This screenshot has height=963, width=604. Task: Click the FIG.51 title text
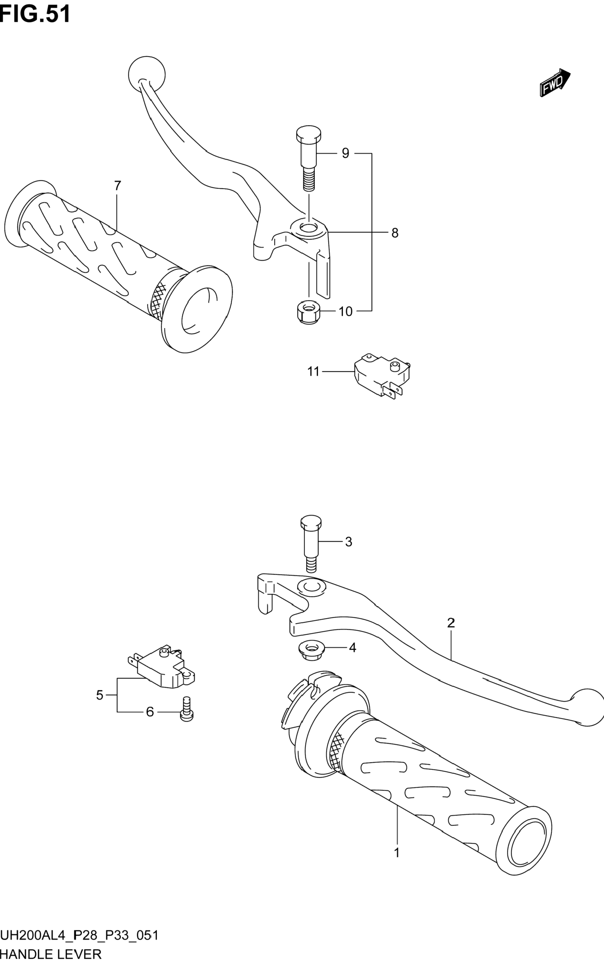35,14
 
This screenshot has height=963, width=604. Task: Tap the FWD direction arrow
555,82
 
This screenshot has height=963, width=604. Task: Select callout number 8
395,233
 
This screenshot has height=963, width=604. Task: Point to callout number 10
346,311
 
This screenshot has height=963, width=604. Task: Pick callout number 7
117,186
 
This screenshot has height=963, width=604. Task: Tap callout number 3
348,542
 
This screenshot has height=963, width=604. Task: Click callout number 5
100,695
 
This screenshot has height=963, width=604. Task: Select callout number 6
150,712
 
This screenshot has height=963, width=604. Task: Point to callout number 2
451,622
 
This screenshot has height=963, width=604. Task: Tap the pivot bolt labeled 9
308,158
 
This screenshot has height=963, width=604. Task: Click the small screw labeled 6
187,709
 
